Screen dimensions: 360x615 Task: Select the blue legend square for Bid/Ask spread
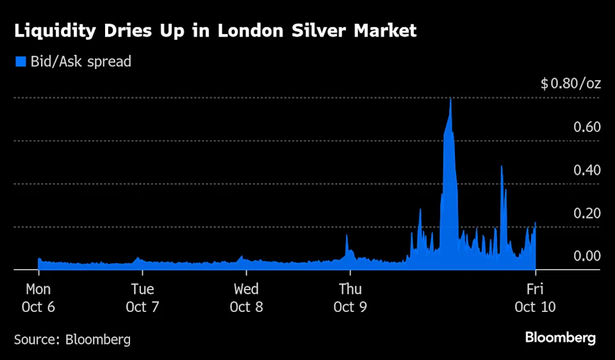(x=20, y=61)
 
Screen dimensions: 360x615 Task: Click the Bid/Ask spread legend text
(x=80, y=61)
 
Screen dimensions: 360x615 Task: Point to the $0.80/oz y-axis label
(x=570, y=84)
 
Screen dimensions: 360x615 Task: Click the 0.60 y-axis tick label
(x=587, y=127)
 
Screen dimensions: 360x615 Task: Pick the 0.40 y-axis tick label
(x=587, y=170)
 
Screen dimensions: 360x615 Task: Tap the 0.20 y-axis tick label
(x=587, y=213)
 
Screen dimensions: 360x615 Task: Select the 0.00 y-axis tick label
(x=587, y=256)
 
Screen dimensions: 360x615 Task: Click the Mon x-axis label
(x=38, y=289)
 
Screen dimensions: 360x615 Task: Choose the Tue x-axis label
(x=142, y=289)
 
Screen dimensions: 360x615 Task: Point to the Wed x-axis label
(x=246, y=289)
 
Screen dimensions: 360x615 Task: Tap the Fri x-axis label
(x=535, y=289)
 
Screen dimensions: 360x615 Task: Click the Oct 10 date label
(x=535, y=307)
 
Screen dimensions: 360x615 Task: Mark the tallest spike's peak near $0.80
(x=451, y=99)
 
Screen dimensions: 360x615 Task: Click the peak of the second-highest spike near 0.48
(x=502, y=167)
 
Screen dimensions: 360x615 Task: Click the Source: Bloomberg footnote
(x=72, y=340)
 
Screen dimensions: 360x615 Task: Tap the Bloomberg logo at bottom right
(x=560, y=338)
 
